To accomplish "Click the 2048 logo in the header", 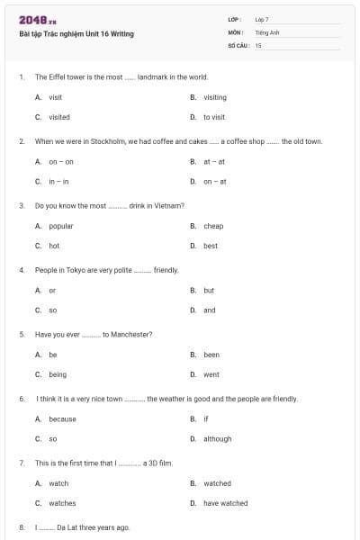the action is pyautogui.click(x=37, y=19).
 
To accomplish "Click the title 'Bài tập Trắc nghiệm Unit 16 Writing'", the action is pyautogui.click(x=76, y=34).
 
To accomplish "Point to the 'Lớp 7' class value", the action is pyautogui.click(x=262, y=19).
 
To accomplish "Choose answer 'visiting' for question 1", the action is pyautogui.click(x=215, y=97).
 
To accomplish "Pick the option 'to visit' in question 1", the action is pyautogui.click(x=214, y=117).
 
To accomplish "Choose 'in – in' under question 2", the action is pyautogui.click(x=58, y=181).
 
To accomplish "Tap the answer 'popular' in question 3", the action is pyautogui.click(x=61, y=226).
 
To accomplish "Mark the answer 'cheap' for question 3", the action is pyautogui.click(x=213, y=226).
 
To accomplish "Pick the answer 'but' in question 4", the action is pyautogui.click(x=209, y=291).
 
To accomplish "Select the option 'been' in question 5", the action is pyautogui.click(x=211, y=355).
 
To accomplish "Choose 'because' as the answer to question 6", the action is pyautogui.click(x=63, y=418).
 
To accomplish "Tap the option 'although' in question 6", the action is pyautogui.click(x=218, y=439).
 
